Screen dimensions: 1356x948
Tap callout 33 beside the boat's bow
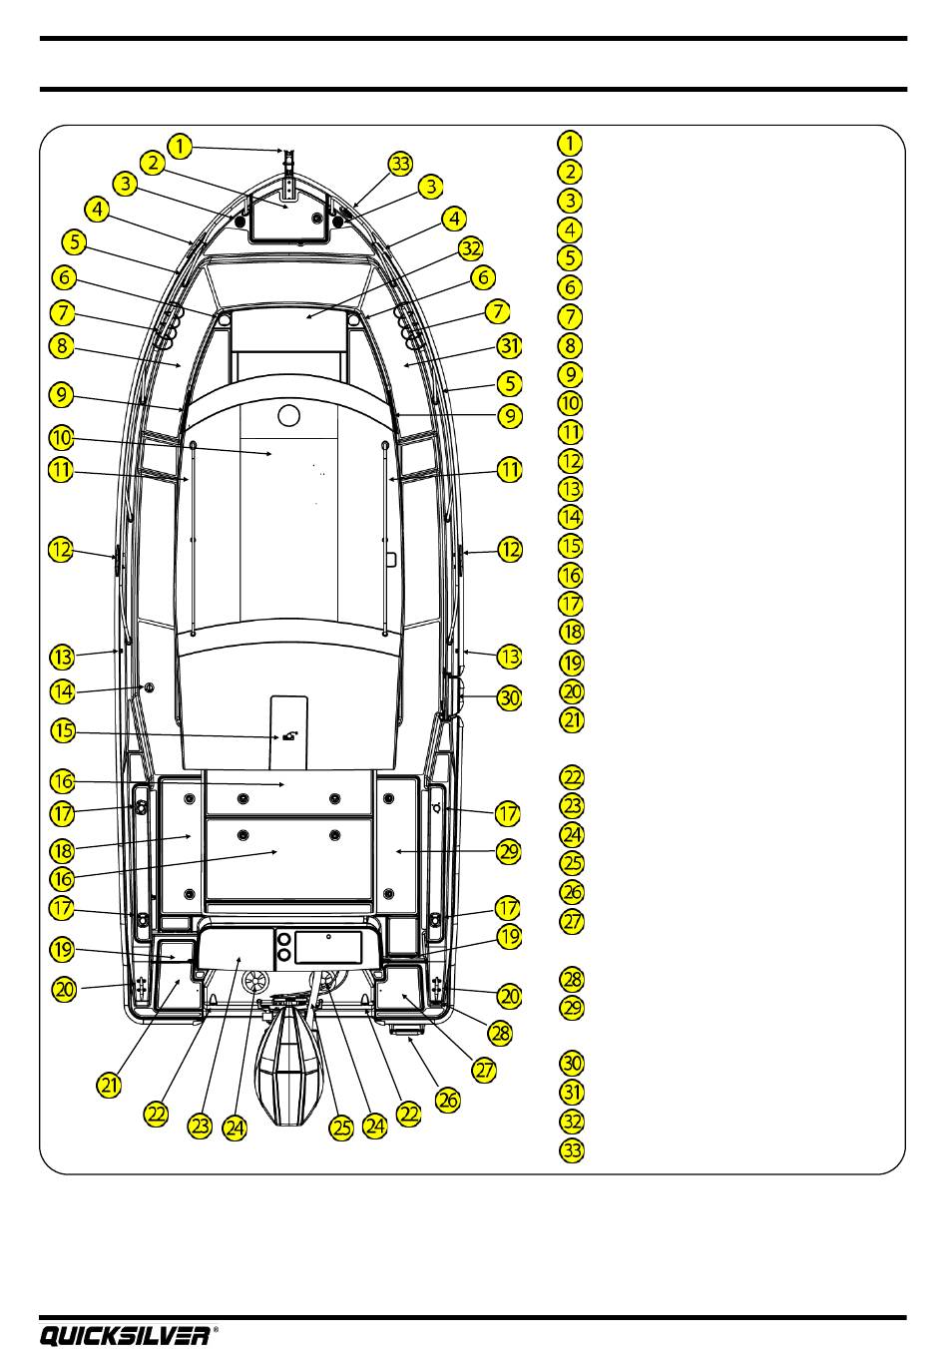pyautogui.click(x=400, y=165)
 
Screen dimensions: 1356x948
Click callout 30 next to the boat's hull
pyautogui.click(x=510, y=697)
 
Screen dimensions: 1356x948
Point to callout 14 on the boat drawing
pyautogui.click(x=63, y=689)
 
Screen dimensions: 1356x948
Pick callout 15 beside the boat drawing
pyautogui.click(x=63, y=730)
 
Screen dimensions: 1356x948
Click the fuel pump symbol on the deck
pyautogui.click(x=289, y=736)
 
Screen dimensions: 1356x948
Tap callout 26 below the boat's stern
pyautogui.click(x=448, y=1099)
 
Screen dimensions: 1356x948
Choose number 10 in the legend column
pyautogui.click(x=570, y=404)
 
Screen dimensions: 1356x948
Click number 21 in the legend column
pyautogui.click(x=570, y=720)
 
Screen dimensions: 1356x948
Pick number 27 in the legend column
pyautogui.click(x=570, y=921)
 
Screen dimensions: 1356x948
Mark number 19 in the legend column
pyautogui.click(x=570, y=663)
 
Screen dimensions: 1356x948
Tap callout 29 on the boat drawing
pyautogui.click(x=509, y=851)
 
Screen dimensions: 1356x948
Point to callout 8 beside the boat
pyautogui.click(x=63, y=346)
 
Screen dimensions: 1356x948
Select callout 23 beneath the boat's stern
pyautogui.click(x=202, y=1127)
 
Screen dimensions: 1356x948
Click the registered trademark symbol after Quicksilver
pyautogui.click(x=217, y=1328)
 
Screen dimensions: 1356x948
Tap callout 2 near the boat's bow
pyautogui.click(x=152, y=163)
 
